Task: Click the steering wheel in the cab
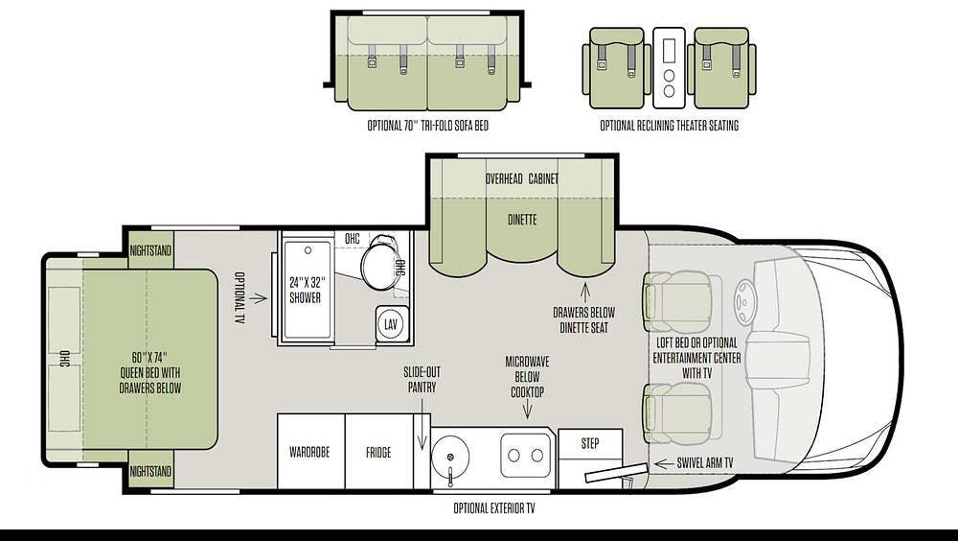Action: (744, 302)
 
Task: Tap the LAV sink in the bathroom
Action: (391, 324)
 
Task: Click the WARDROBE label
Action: (309, 452)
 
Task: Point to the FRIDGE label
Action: (378, 452)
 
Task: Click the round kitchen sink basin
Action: (450, 457)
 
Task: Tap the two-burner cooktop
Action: (525, 455)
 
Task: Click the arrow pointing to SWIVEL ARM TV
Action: (663, 463)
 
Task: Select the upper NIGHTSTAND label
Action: (150, 250)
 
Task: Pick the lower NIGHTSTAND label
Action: (150, 471)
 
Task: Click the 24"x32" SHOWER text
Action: (306, 290)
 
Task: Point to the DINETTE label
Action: (522, 219)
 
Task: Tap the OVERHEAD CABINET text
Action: (522, 178)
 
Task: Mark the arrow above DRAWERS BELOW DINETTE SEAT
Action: (584, 291)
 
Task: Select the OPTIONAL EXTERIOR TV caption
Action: (493, 508)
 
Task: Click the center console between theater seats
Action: (669, 68)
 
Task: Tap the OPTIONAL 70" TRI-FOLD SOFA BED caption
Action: (427, 126)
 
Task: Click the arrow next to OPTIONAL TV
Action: (259, 298)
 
